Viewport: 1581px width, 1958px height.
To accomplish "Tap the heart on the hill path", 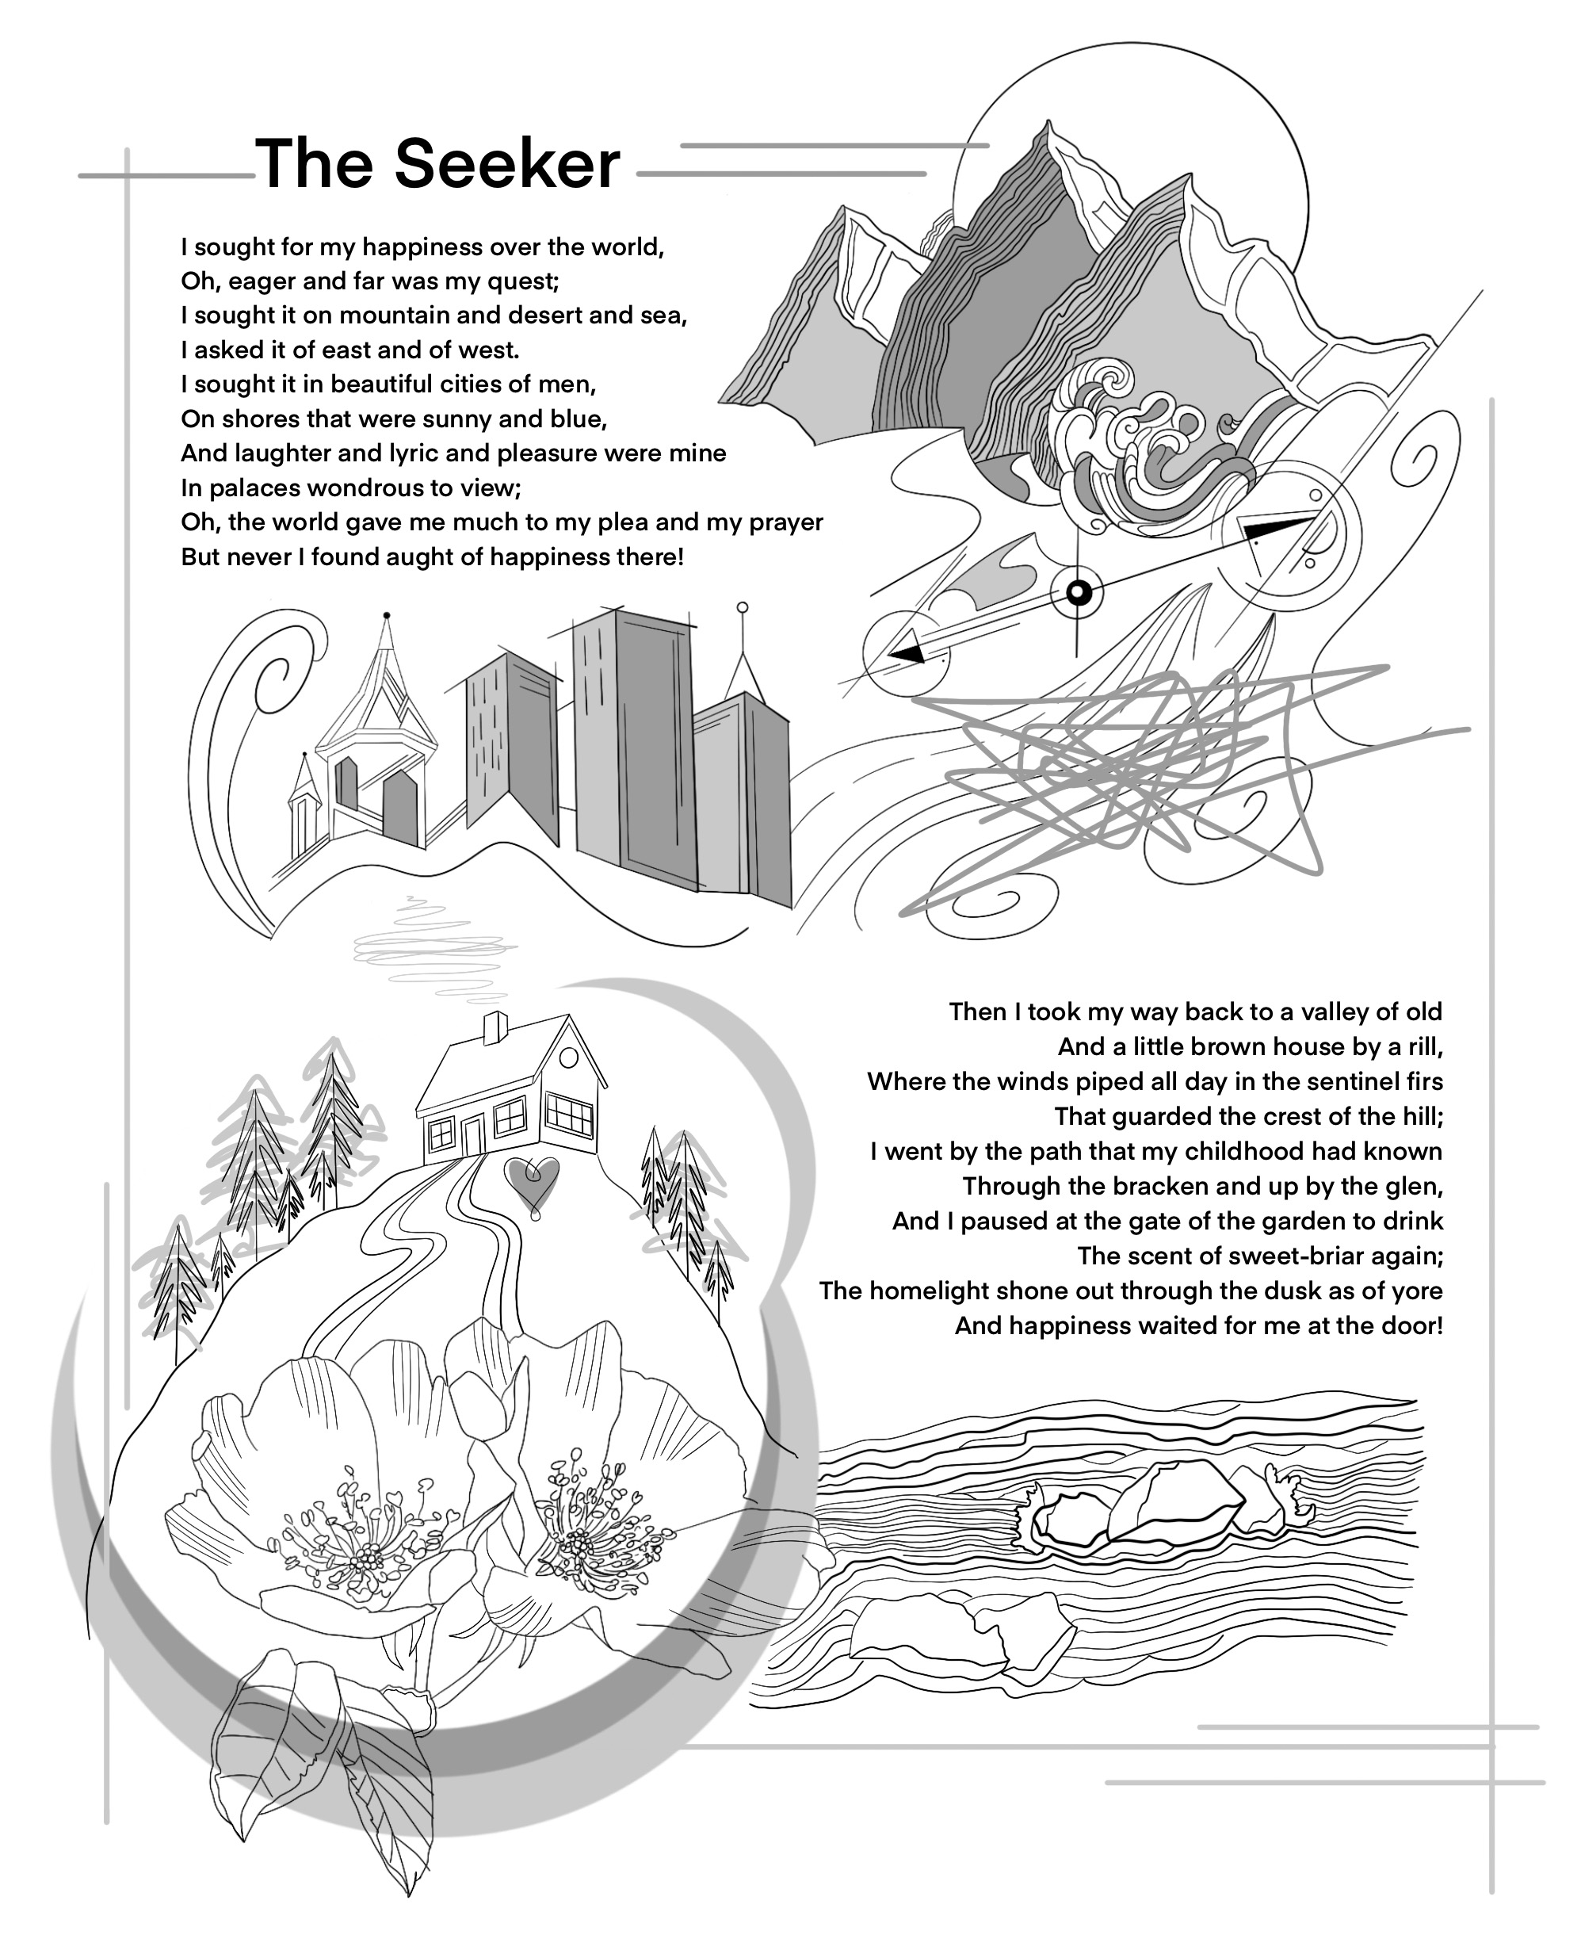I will click(x=532, y=1181).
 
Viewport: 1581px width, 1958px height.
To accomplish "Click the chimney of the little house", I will click(x=495, y=1027).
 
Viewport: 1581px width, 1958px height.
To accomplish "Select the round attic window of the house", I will click(x=568, y=1057).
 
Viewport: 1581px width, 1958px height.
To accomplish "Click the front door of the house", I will click(x=472, y=1136).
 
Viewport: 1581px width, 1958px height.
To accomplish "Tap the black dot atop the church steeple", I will click(x=387, y=616).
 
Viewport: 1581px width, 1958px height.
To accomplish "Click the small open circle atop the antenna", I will click(x=743, y=606).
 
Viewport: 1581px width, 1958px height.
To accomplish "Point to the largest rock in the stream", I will click(x=1174, y=1508).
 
